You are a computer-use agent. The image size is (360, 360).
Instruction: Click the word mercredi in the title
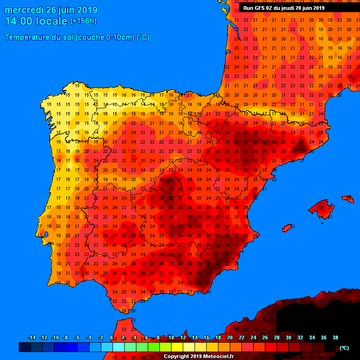[24, 10]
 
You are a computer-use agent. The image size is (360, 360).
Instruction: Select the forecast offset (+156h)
[83, 21]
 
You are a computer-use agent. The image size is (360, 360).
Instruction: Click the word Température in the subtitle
[28, 37]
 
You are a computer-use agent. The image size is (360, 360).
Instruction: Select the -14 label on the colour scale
[32, 337]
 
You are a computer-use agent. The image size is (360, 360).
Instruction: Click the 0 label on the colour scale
[111, 337]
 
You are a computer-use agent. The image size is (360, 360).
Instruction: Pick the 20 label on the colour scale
[230, 337]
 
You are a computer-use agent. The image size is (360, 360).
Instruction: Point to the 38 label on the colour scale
[335, 337]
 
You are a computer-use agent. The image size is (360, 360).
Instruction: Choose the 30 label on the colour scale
[288, 337]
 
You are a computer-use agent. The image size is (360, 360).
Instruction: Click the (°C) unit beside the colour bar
[344, 348]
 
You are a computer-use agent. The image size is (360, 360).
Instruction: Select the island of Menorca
[348, 199]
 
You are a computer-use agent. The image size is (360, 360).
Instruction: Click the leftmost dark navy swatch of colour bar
[24, 347]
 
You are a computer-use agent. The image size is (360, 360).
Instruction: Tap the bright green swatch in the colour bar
[153, 347]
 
